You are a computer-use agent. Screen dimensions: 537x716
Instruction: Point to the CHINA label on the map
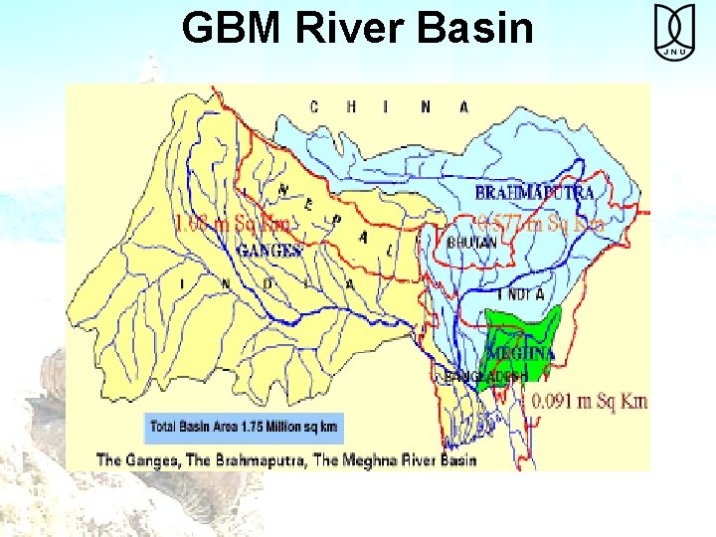[389, 106]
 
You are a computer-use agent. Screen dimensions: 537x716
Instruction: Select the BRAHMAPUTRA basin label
[535, 192]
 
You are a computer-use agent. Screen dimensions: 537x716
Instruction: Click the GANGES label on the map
[268, 251]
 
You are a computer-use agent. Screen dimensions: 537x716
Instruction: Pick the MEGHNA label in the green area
[520, 352]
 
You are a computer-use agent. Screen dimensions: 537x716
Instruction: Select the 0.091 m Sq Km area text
[590, 401]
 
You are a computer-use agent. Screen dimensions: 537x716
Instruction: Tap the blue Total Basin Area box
[244, 428]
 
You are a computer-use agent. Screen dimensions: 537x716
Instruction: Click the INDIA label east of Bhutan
[520, 294]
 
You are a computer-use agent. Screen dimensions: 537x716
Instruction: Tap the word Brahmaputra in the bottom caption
[262, 459]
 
